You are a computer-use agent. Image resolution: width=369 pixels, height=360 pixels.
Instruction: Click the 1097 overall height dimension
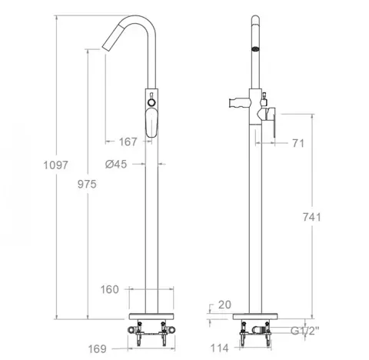pos(55,165)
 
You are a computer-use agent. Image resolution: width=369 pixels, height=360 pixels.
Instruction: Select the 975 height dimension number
pos(87,184)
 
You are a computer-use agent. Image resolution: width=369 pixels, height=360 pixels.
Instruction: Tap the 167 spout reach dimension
pos(128,142)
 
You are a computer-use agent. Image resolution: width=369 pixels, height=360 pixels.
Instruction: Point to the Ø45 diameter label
pos(116,164)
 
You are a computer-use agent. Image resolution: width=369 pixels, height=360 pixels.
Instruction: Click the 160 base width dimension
pos(110,289)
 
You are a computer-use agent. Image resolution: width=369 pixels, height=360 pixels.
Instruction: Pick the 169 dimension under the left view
pos(97,349)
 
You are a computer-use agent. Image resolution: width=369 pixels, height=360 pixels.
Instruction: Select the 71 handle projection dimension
pos(298,143)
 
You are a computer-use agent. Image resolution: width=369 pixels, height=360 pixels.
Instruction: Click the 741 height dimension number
pos(312,217)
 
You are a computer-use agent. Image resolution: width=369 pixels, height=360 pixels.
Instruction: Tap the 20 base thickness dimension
pos(224,305)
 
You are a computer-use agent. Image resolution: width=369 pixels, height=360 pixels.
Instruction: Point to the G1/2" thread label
pos(305,331)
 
